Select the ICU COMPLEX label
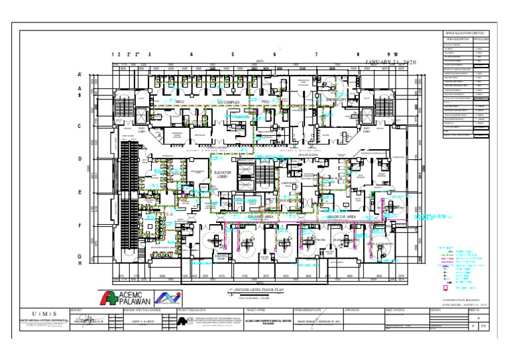pyautogui.click(x=231, y=103)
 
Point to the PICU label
pyautogui.click(x=265, y=101)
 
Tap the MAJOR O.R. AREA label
pyautogui.click(x=362, y=216)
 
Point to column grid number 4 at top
pyautogui.click(x=191, y=54)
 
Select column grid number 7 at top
pyautogui.click(x=316, y=54)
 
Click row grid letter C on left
pyautogui.click(x=80, y=125)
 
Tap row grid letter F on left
pyautogui.click(x=80, y=226)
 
